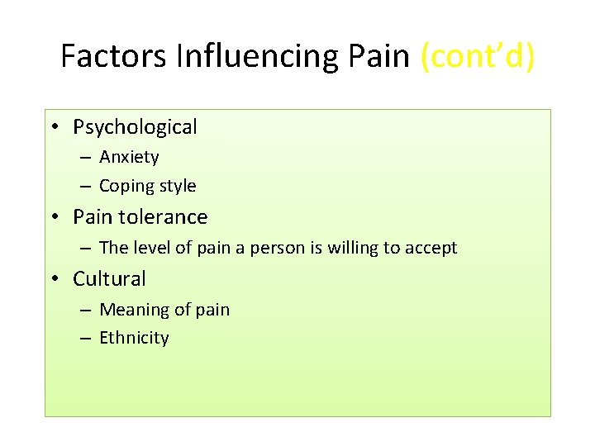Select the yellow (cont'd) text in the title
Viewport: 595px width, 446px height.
tap(477, 56)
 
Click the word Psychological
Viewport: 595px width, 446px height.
tap(135, 127)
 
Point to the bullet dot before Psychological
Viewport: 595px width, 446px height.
tap(53, 127)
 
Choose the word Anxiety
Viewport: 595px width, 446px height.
tap(129, 157)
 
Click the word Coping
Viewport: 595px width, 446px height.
tap(126, 187)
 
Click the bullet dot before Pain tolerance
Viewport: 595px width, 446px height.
tap(53, 217)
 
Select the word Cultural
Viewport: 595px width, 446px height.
tap(109, 279)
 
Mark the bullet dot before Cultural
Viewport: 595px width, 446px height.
tap(53, 279)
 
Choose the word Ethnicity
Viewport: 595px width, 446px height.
tap(134, 338)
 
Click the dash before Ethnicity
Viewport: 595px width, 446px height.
tap(86, 339)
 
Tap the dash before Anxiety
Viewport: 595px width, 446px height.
tap(86, 158)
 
